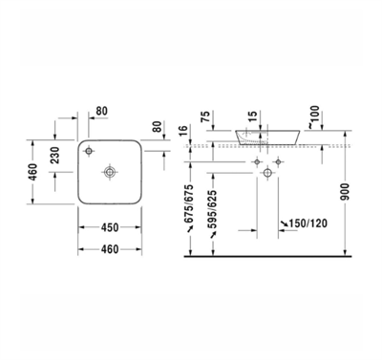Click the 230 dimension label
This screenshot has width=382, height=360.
click(x=55, y=155)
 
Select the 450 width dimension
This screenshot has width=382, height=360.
click(x=110, y=227)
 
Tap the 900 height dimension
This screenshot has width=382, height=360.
click(x=345, y=192)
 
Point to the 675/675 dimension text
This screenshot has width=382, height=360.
click(x=190, y=203)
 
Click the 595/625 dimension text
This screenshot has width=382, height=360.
click(x=212, y=209)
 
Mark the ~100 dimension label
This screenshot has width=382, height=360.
click(x=313, y=116)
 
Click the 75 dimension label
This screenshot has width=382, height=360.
click(x=205, y=116)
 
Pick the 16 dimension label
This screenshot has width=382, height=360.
click(x=184, y=131)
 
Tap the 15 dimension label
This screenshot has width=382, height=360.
click(x=252, y=116)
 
